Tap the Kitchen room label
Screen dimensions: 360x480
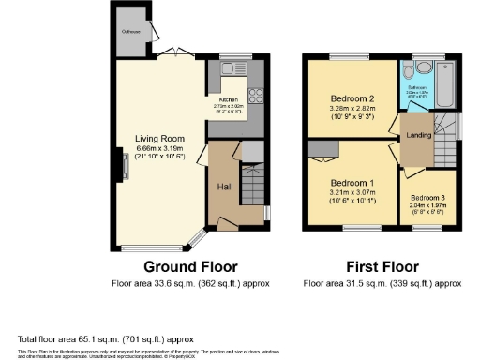[229, 99]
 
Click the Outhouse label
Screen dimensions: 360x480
[129, 32]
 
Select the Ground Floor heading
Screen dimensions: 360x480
[176, 266]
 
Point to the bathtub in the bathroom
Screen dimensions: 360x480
[444, 83]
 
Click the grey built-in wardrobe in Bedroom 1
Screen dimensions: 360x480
[323, 147]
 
